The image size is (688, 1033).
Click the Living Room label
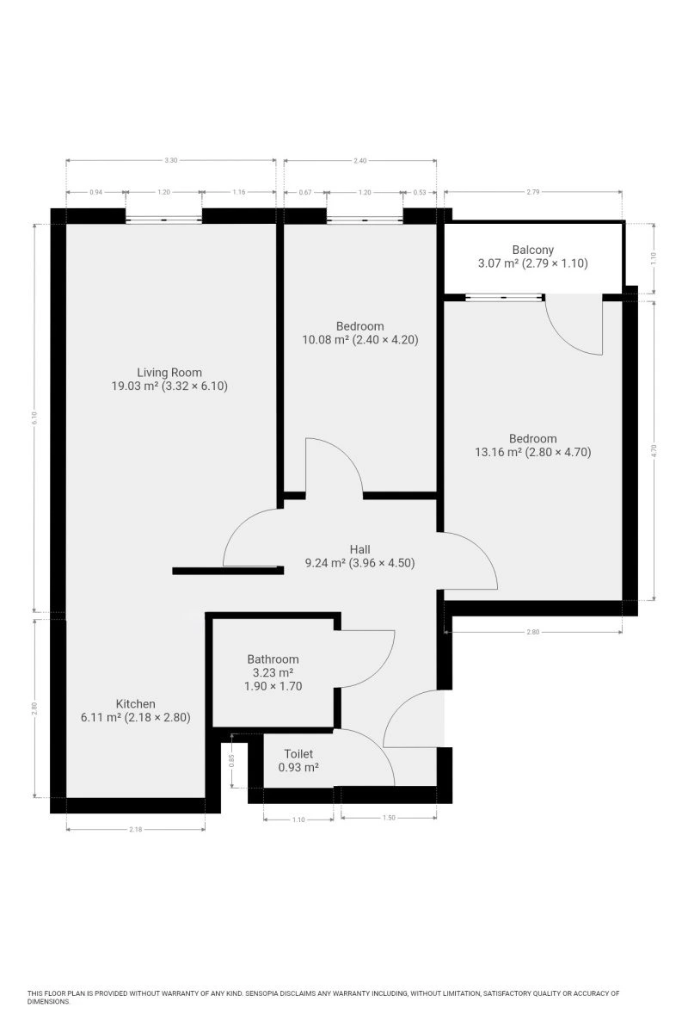point(169,372)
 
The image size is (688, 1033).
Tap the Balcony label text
point(532,250)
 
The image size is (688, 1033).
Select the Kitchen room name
point(135,704)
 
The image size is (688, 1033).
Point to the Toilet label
point(298,753)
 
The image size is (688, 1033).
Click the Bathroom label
point(273,659)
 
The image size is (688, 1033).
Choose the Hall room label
point(359,549)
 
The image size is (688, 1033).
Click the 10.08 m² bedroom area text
point(326,340)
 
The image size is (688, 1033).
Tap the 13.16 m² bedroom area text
point(499,452)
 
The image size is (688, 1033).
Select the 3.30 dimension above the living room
point(170,160)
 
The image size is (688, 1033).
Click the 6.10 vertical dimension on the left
point(34,418)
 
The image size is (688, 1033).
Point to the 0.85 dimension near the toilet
point(232,760)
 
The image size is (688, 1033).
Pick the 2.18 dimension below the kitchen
point(136,829)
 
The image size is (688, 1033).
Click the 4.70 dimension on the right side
point(654,450)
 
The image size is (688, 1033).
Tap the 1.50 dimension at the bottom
point(389,818)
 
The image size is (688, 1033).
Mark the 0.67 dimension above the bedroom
point(305,192)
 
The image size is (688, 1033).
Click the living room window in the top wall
point(163,220)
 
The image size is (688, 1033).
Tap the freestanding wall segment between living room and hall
point(228,571)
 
